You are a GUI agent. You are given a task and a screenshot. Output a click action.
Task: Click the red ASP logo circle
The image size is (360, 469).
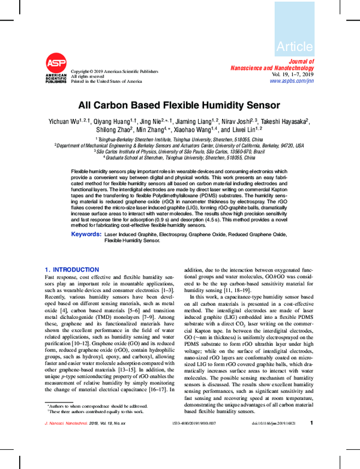[56, 63]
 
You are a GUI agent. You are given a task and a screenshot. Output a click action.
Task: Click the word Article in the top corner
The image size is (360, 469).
[295, 46]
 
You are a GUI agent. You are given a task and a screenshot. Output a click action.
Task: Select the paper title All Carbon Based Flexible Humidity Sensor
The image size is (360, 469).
[179, 105]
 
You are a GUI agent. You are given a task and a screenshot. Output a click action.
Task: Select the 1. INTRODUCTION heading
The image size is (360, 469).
[72, 270]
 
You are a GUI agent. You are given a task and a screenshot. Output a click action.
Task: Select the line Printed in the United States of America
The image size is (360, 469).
[107, 81]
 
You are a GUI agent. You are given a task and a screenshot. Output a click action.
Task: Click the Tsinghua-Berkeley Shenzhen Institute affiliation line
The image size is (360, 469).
[179, 139]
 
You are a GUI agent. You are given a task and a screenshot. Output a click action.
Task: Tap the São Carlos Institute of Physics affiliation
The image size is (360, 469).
[179, 151]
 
